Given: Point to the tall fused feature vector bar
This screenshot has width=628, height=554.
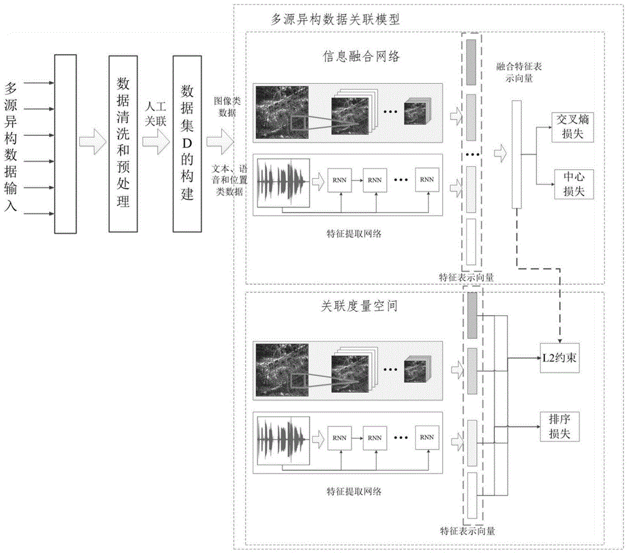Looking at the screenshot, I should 516,154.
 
